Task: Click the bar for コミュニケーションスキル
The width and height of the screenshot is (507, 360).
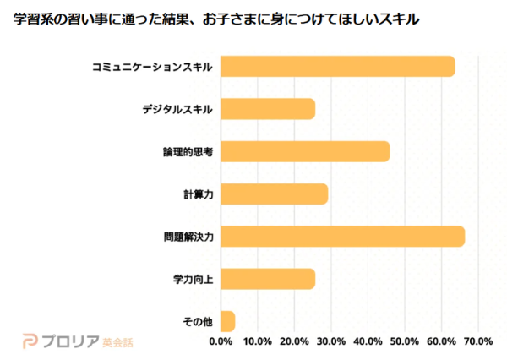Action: tap(337, 66)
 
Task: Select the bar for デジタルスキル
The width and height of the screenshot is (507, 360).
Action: tap(267, 109)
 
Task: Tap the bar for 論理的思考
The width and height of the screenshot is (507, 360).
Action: tap(304, 151)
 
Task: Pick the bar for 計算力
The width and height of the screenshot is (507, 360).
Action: tap(274, 194)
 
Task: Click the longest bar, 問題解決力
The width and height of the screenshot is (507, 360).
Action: tap(342, 237)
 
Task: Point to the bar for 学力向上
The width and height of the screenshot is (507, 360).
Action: tap(267, 279)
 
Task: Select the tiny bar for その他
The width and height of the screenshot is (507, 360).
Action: tap(227, 321)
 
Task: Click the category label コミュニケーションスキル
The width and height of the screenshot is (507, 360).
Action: tap(152, 66)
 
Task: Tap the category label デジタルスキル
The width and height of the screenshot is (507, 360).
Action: tap(177, 109)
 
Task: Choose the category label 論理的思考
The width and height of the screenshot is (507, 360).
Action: tap(188, 152)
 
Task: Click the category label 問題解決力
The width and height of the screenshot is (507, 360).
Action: tap(188, 237)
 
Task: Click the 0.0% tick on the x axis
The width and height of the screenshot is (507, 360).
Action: tap(221, 342)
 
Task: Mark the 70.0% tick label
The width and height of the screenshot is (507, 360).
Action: tap(478, 342)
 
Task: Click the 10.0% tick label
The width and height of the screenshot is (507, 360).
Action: tap(257, 342)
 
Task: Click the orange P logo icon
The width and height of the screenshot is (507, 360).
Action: tap(30, 341)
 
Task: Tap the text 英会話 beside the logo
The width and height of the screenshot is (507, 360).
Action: tap(117, 342)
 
